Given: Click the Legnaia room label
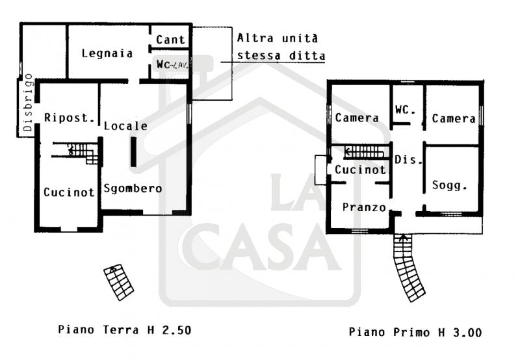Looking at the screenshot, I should (107, 53).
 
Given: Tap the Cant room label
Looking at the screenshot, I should (170, 40).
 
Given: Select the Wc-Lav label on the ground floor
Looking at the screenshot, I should (171, 64).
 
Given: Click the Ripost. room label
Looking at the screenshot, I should (70, 118).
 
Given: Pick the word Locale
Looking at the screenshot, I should (125, 126).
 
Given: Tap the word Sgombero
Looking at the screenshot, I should (133, 189).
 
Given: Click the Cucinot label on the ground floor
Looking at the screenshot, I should (66, 192).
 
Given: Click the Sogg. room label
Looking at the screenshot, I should (450, 185).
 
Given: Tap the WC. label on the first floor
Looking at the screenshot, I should (404, 110).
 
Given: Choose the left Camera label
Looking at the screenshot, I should (357, 118).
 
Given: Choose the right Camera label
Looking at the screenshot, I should (454, 119).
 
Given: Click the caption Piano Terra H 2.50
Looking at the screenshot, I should (125, 329).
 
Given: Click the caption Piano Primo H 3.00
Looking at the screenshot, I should (415, 332).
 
